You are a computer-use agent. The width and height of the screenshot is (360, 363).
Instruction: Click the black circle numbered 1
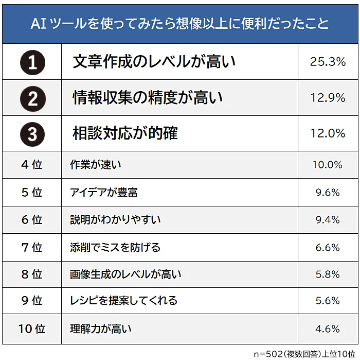(32, 63)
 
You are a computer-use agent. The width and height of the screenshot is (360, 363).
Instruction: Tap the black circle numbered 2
(32, 98)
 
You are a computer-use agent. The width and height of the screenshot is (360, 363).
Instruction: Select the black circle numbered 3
(32, 134)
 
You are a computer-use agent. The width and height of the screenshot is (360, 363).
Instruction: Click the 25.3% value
(328, 62)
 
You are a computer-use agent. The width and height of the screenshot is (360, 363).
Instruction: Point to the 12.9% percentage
(328, 98)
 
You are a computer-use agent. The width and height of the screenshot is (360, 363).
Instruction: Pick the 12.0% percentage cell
(328, 133)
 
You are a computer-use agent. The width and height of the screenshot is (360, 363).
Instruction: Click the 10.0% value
(327, 165)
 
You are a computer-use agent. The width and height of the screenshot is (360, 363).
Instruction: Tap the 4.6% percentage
(328, 329)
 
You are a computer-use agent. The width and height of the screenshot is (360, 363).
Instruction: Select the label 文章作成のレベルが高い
(154, 62)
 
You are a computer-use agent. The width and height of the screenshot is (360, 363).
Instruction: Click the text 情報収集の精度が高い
(148, 98)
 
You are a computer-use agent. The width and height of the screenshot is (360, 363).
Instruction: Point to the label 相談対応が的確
(125, 133)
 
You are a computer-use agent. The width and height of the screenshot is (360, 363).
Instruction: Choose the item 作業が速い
(96, 165)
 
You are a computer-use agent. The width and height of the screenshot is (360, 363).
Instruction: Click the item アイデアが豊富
(104, 193)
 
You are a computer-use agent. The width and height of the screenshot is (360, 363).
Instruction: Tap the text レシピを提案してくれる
(123, 300)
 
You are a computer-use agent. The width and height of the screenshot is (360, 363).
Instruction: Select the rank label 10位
(32, 329)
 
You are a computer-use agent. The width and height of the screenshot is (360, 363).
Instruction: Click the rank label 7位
(32, 247)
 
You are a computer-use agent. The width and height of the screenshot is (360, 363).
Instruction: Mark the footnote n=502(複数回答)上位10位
(304, 354)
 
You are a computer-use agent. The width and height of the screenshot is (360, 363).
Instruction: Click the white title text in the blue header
(180, 24)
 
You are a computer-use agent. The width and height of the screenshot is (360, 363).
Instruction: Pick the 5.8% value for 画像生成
(328, 274)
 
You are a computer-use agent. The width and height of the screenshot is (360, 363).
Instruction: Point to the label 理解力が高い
(101, 329)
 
